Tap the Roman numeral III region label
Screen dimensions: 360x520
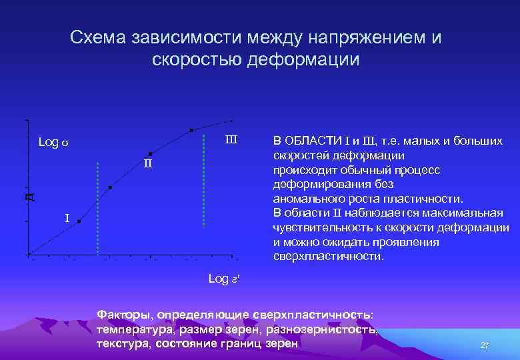coord(231,140)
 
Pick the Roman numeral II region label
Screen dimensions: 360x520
coord(148,164)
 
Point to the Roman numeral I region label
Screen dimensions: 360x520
coord(67,218)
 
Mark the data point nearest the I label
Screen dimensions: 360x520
coord(79,222)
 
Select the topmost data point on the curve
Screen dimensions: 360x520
coord(191,130)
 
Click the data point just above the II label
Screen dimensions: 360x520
coord(151,153)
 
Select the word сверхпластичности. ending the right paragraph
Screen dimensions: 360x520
coord(329,255)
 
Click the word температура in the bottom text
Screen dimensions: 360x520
coord(132,329)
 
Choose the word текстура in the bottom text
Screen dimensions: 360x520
coord(122,343)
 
